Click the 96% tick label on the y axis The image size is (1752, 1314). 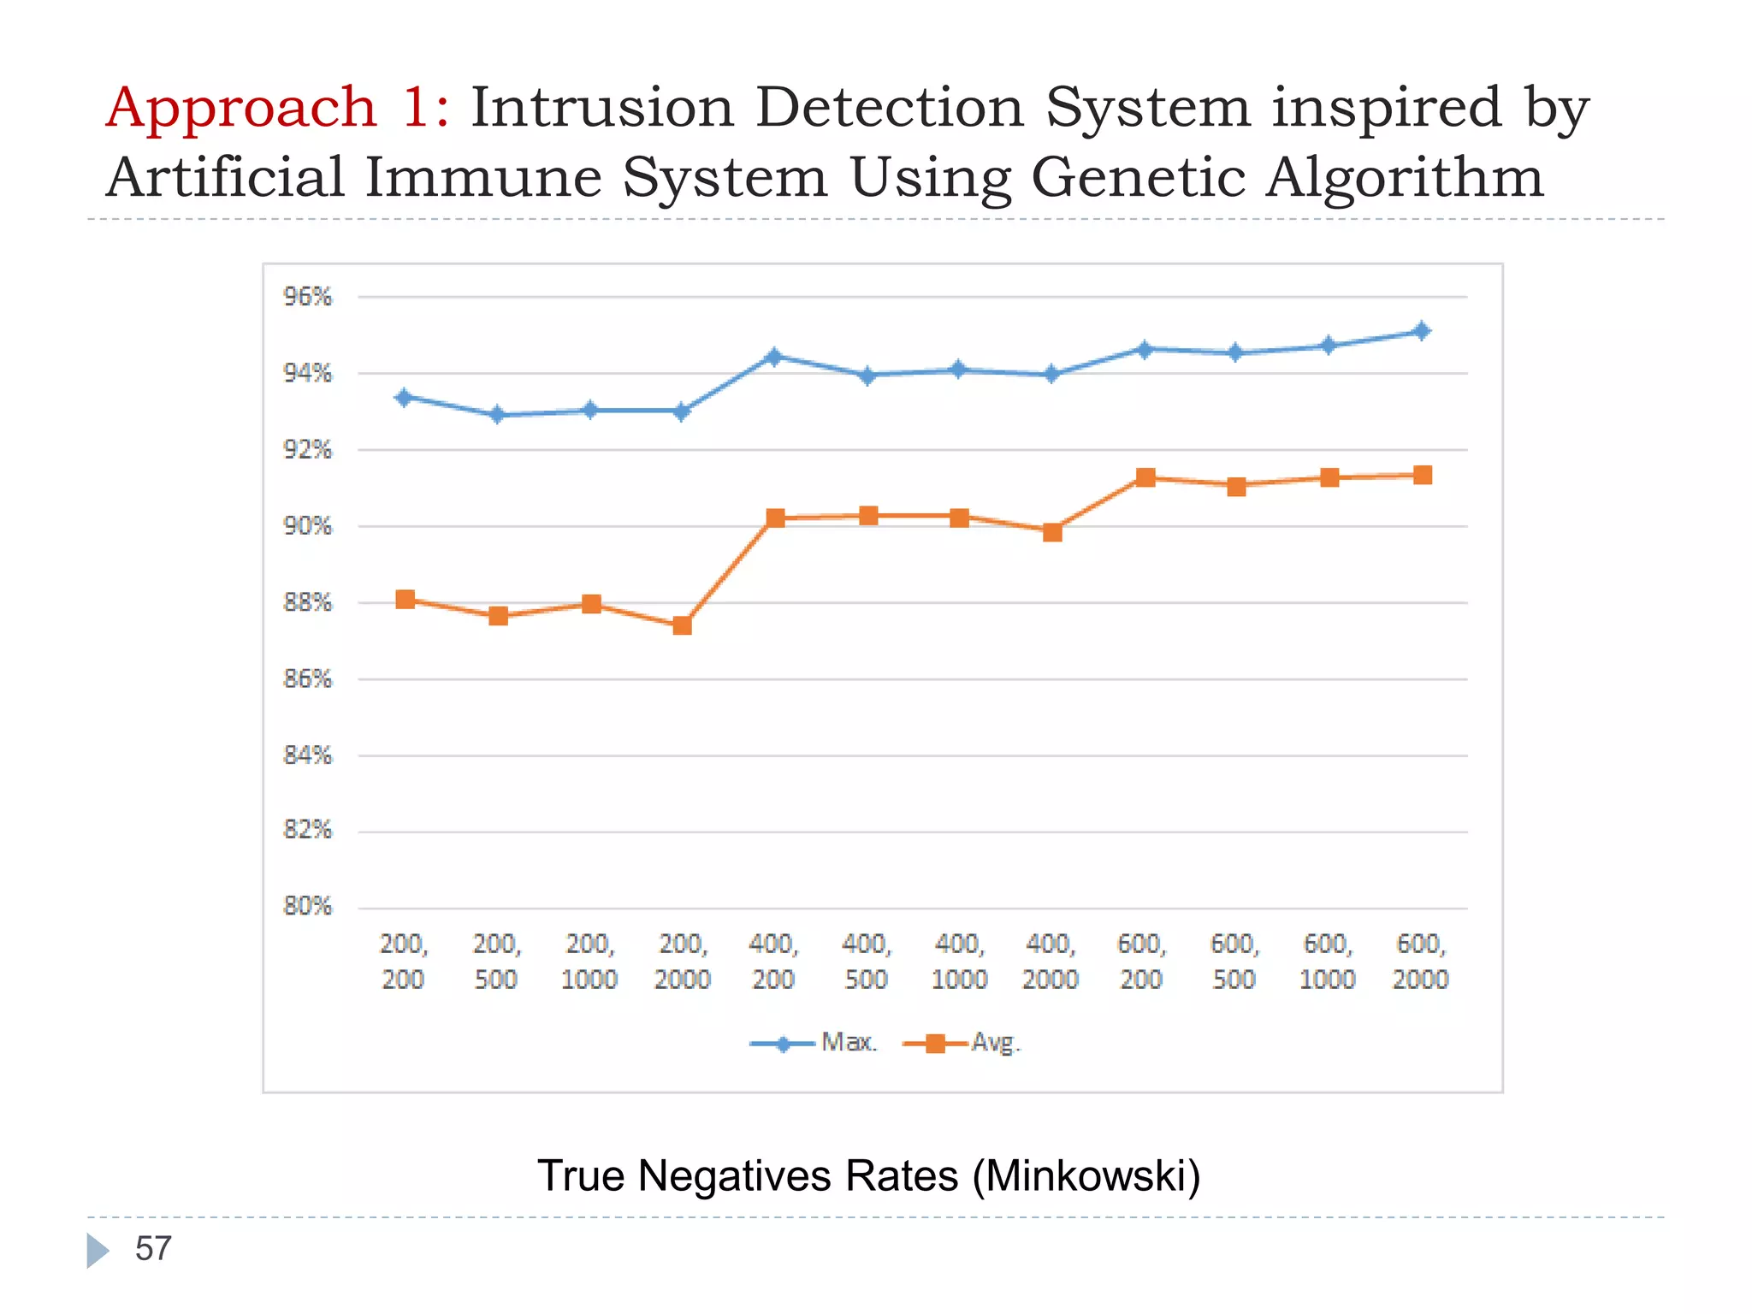[307, 297]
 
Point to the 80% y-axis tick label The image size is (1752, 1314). [307, 906]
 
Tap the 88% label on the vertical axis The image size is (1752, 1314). [307, 602]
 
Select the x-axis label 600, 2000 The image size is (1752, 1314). [1420, 962]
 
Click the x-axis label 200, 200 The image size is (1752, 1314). [403, 962]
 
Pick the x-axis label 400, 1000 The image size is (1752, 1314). [959, 962]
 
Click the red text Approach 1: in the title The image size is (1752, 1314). [278, 109]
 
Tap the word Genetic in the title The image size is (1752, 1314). [1139, 178]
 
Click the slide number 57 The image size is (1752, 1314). [153, 1248]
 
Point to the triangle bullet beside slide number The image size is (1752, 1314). [98, 1250]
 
